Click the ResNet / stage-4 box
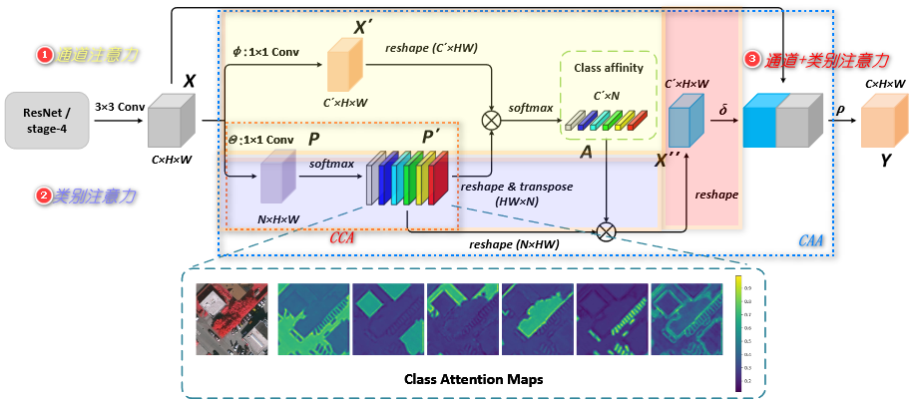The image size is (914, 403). pos(46,120)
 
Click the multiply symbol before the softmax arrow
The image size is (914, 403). pos(491,121)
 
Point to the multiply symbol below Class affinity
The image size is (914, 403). pos(606,231)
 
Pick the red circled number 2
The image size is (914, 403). pos(44,197)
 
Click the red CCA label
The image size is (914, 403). pos(344,239)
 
